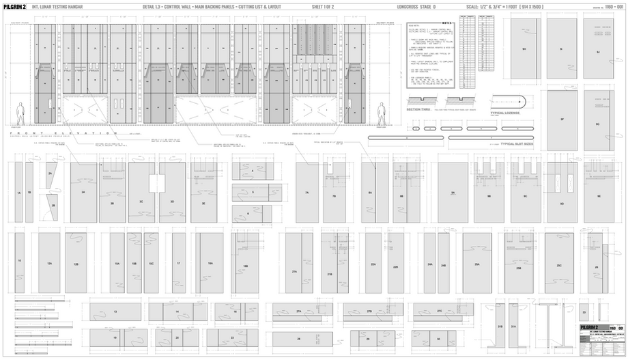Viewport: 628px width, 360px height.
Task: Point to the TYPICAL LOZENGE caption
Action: [505, 113]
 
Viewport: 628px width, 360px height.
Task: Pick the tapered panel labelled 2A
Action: [51, 174]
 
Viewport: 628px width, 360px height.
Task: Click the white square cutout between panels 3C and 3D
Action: [157, 183]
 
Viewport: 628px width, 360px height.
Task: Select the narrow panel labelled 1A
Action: [19, 193]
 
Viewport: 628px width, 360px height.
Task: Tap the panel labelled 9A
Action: [453, 193]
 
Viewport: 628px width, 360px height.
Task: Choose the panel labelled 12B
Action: [76, 263]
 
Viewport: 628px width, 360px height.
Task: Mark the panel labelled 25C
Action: [559, 265]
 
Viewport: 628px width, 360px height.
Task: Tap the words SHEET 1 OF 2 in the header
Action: [322, 6]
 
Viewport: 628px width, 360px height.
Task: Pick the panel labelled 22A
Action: [373, 264]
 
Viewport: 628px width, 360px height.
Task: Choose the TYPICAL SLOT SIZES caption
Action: [517, 145]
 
